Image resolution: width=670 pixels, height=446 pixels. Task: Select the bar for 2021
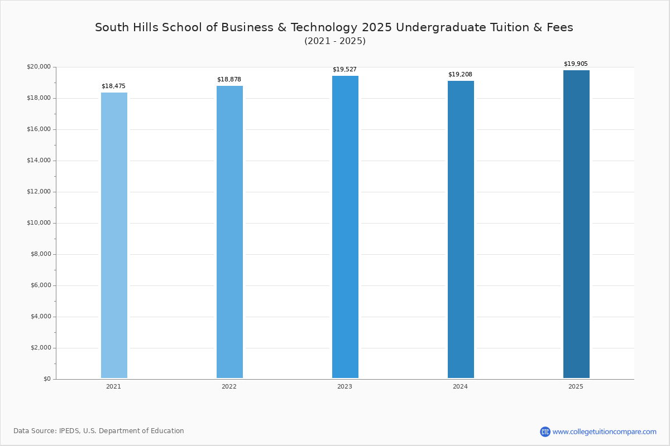114,235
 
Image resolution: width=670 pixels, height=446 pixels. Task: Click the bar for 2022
229,232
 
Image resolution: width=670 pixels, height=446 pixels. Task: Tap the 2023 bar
345,227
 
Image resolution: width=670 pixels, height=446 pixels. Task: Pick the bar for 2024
461,230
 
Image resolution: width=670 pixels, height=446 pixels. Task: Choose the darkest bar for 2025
576,224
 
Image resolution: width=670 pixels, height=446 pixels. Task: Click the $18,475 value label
113,86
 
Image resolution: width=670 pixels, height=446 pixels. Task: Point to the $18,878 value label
229,80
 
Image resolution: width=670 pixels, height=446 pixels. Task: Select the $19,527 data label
344,69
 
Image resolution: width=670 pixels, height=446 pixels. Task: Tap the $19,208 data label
460,74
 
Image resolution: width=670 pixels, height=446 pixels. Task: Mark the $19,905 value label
576,64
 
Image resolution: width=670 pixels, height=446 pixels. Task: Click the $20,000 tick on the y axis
39,66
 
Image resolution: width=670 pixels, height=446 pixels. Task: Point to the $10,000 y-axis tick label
39,223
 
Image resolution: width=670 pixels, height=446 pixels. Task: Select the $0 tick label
47,379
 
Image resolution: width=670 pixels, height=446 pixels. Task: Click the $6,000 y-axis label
41,285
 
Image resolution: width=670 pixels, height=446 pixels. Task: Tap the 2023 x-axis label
344,386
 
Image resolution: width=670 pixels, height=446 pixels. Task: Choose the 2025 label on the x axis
576,386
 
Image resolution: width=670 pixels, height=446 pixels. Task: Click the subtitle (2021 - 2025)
335,41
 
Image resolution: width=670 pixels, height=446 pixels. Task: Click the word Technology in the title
324,27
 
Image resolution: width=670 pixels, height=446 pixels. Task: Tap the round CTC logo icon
545,432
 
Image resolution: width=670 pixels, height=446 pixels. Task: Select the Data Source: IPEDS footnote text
99,431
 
